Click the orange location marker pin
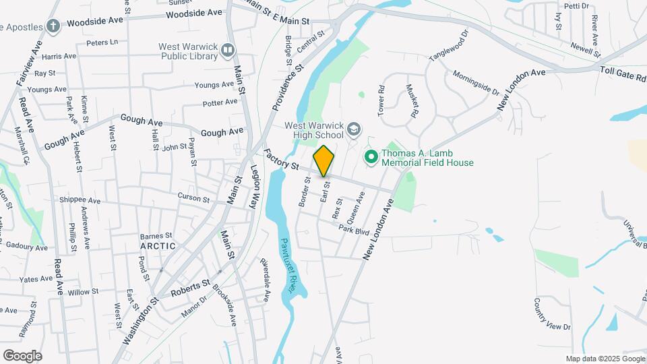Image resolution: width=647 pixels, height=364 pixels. (x=323, y=160)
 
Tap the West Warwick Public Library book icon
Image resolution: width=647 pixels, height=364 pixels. (x=228, y=50)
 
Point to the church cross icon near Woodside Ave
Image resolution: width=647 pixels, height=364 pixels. (x=53, y=26)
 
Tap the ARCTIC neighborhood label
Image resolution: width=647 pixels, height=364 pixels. (x=158, y=246)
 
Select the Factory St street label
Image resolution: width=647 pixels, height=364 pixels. (x=281, y=160)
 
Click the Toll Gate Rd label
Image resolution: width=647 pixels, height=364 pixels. (x=623, y=73)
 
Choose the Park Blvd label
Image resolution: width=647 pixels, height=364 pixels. (x=355, y=231)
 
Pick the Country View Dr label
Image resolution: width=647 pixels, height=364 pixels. (x=551, y=315)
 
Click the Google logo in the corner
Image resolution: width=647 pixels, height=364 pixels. (x=22, y=355)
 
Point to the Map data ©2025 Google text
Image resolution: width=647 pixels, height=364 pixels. (x=605, y=359)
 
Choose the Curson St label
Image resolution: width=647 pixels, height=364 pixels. (x=194, y=196)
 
